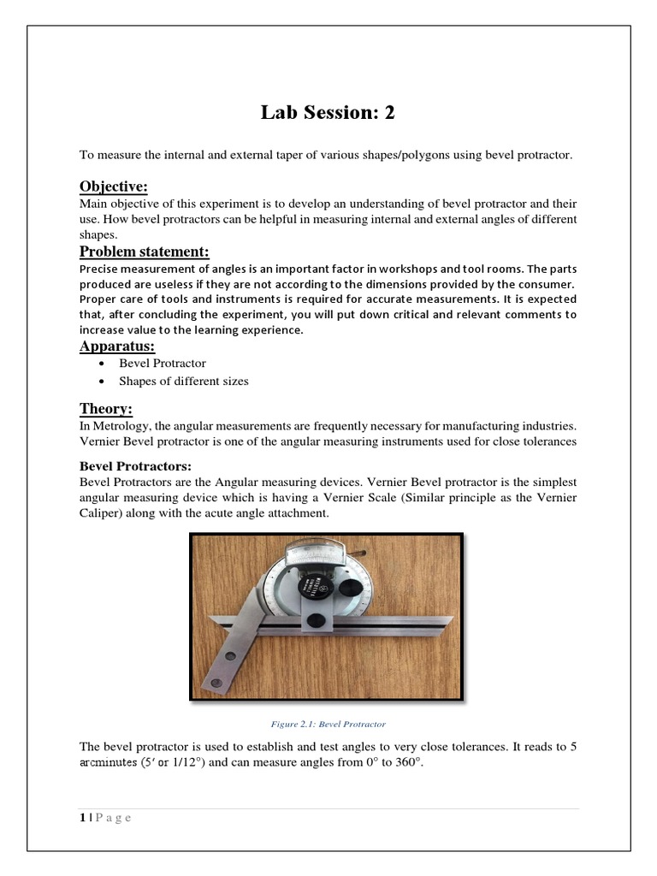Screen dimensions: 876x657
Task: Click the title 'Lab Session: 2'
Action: point(328,113)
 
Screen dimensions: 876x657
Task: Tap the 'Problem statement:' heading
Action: point(144,251)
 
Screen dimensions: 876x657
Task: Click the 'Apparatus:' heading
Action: point(117,346)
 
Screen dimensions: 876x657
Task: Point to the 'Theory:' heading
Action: point(106,408)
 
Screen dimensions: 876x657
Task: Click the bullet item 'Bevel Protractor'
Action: point(163,363)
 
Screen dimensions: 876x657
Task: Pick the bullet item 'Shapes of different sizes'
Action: point(184,381)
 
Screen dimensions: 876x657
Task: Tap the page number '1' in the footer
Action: point(82,817)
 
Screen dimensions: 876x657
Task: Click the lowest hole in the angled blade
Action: point(216,681)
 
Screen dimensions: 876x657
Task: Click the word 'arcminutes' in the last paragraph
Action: point(109,764)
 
